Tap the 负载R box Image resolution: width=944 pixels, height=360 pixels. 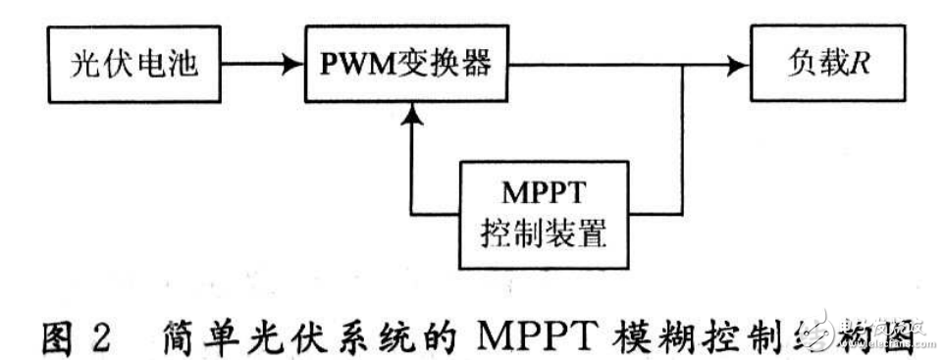[827, 67]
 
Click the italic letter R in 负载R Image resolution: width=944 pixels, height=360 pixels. [861, 67]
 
